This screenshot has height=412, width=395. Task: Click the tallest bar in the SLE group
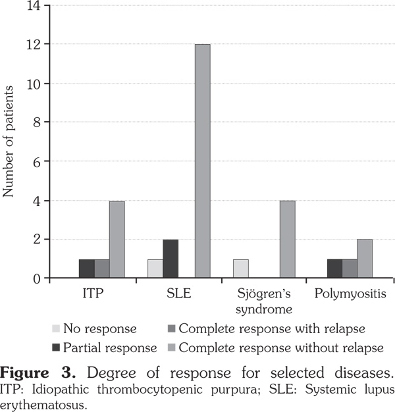(202, 161)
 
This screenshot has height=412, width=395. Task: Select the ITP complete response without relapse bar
(117, 240)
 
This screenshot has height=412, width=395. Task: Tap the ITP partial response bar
(87, 269)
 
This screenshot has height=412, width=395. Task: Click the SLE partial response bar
(171, 259)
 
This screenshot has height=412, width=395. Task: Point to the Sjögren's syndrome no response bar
(241, 269)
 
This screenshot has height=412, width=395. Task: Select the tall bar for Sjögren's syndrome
(287, 240)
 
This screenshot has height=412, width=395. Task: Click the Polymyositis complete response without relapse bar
(364, 259)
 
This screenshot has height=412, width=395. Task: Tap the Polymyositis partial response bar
(334, 269)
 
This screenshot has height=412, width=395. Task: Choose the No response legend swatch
(58, 328)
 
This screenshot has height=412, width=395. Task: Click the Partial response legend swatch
(58, 347)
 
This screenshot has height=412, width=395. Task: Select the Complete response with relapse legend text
(269, 328)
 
